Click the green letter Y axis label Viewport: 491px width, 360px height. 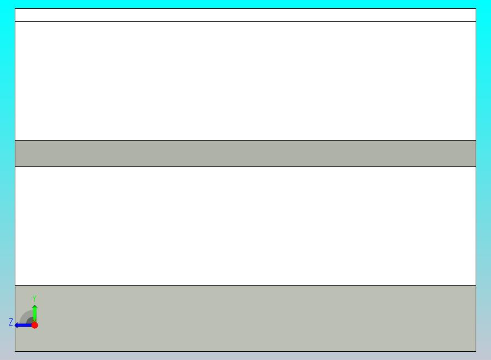[x=34, y=299]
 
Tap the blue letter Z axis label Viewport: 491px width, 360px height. [x=11, y=322]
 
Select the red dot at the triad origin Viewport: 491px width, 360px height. [x=35, y=325]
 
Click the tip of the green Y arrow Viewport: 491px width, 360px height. [x=35, y=305]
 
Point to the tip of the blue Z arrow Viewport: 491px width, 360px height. [x=15, y=325]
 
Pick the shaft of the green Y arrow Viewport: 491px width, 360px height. [x=35, y=315]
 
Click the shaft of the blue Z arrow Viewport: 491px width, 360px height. [x=25, y=325]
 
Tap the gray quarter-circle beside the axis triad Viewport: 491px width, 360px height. [x=26, y=317]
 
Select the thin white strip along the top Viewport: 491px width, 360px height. [x=245, y=15]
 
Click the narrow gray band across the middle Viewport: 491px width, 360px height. [x=245, y=154]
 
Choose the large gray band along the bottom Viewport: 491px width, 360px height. [x=245, y=318]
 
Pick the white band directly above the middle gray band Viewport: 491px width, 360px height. [x=245, y=81]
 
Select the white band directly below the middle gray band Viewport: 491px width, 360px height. [x=245, y=226]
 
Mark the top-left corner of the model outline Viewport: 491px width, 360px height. [x=15, y=8]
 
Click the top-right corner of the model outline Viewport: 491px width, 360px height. [x=476, y=8]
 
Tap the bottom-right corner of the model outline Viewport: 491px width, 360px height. [x=476, y=352]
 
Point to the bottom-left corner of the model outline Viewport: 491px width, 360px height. [x=15, y=352]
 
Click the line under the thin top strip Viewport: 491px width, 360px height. [x=245, y=22]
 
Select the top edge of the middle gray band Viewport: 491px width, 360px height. [x=245, y=141]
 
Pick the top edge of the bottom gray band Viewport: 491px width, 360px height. [x=245, y=286]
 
